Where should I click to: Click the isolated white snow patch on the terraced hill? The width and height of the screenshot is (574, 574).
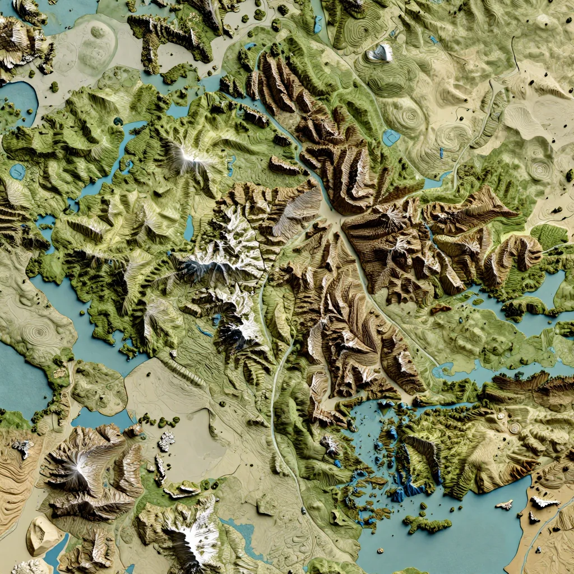click(x=381, y=53)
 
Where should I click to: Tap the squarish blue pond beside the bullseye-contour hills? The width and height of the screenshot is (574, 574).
click(x=391, y=137)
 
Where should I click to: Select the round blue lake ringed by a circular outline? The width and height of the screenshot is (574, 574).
click(x=17, y=171)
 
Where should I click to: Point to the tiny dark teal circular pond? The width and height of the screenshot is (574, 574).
click(x=118, y=121)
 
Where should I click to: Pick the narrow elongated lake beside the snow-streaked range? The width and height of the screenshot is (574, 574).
click(x=189, y=228)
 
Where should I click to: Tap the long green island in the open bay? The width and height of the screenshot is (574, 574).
click(x=427, y=525)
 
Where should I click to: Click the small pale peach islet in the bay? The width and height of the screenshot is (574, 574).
click(x=504, y=504)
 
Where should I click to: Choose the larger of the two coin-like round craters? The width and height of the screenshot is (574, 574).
click(x=515, y=428)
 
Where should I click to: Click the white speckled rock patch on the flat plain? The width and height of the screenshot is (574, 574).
click(x=166, y=441)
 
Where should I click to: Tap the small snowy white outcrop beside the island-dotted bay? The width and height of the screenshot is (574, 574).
click(x=330, y=445)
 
